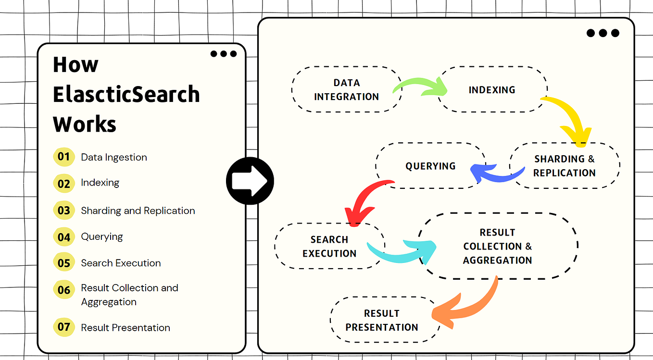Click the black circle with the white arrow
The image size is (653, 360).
click(250, 181)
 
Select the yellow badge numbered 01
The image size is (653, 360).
click(64, 157)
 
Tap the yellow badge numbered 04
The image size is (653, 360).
click(64, 237)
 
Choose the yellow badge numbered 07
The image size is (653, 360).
click(64, 327)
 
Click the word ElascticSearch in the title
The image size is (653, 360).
click(126, 94)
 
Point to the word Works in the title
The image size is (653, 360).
click(85, 124)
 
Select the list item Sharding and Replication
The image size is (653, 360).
click(138, 211)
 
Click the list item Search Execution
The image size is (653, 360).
click(121, 263)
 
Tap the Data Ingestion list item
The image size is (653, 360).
click(114, 157)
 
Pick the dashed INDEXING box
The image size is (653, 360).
click(492, 90)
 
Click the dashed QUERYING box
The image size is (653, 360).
click(430, 166)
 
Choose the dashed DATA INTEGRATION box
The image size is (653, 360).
click(346, 89)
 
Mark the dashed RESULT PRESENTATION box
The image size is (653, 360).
click(382, 320)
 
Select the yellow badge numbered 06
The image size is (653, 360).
click(64, 290)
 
